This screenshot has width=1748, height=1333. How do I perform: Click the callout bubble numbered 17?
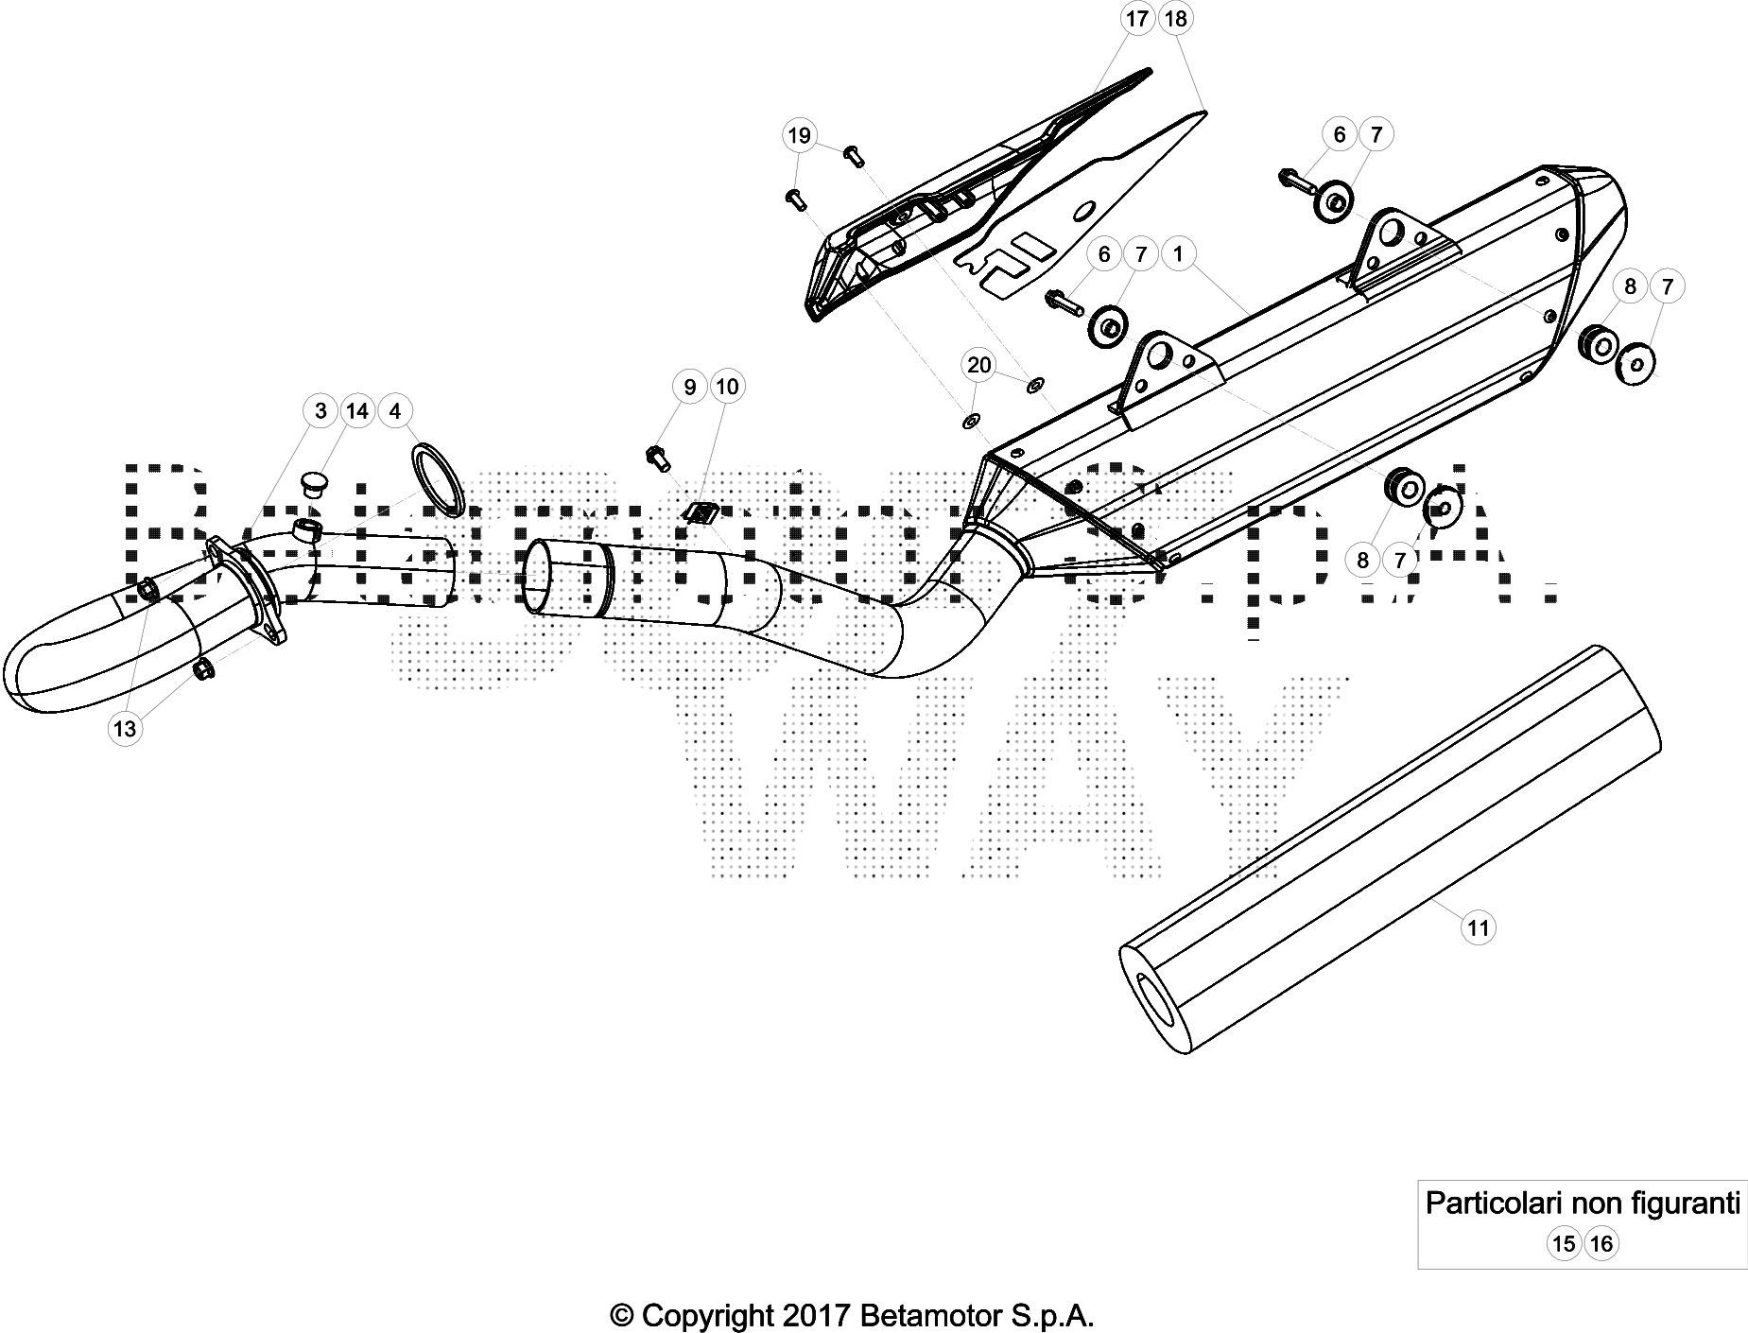1137,18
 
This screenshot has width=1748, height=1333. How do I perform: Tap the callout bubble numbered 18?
1175,18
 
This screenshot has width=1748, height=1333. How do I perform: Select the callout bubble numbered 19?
799,135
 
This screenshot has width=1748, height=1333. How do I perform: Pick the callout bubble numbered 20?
979,365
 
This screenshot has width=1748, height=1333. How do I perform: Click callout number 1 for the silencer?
1178,253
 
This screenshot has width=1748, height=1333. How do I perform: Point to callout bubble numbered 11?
1479,927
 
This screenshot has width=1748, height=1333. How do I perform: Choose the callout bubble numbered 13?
125,729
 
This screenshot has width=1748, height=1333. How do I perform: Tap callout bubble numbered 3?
320,410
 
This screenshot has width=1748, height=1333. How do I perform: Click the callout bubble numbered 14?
357,410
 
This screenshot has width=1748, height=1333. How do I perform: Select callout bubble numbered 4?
395,410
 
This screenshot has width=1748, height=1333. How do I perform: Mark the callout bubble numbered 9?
690,387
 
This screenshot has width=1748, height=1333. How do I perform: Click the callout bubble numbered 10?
727,387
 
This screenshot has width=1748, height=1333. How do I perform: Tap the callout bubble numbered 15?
1564,1243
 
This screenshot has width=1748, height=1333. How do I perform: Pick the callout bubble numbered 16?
1601,1243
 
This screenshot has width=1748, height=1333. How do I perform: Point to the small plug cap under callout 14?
313,485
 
